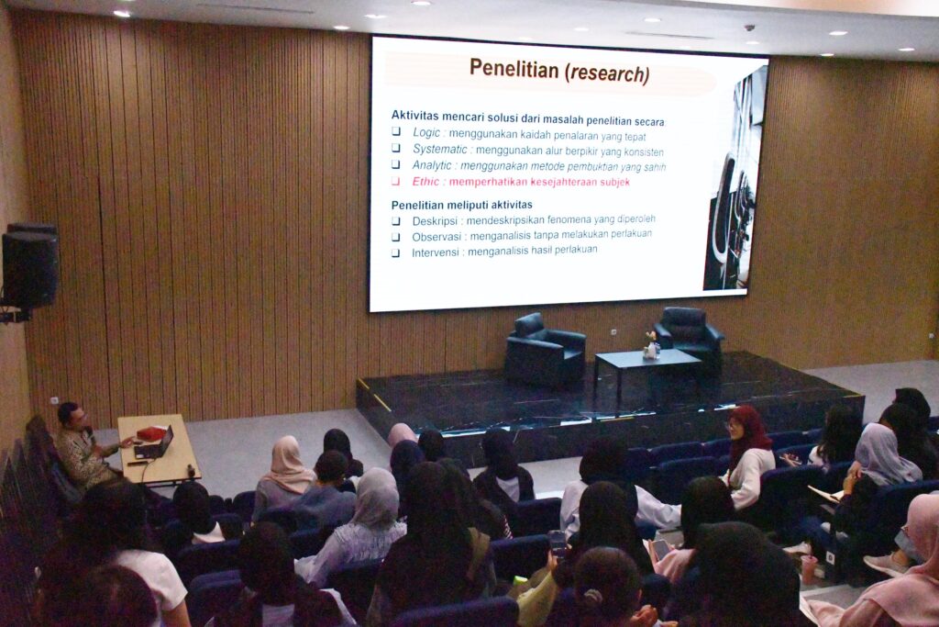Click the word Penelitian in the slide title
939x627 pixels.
coord(514,68)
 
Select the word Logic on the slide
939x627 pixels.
coord(426,132)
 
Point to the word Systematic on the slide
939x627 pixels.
coord(440,149)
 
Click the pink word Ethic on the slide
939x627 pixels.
coord(425,181)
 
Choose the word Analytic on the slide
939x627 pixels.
coord(432,165)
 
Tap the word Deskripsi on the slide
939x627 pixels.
coord(435,221)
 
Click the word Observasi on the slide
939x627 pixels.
coord(436,237)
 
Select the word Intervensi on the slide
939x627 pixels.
coord(436,252)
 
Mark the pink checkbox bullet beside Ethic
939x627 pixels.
coord(396,181)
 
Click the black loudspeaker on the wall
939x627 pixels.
coord(29,266)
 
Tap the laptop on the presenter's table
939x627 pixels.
coord(155,444)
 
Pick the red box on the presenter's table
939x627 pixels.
coord(151,432)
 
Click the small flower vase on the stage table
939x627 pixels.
coord(651,346)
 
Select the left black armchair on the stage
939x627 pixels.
coord(545,350)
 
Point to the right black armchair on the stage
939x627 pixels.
coord(689,336)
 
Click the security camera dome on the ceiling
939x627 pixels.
coord(749,28)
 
